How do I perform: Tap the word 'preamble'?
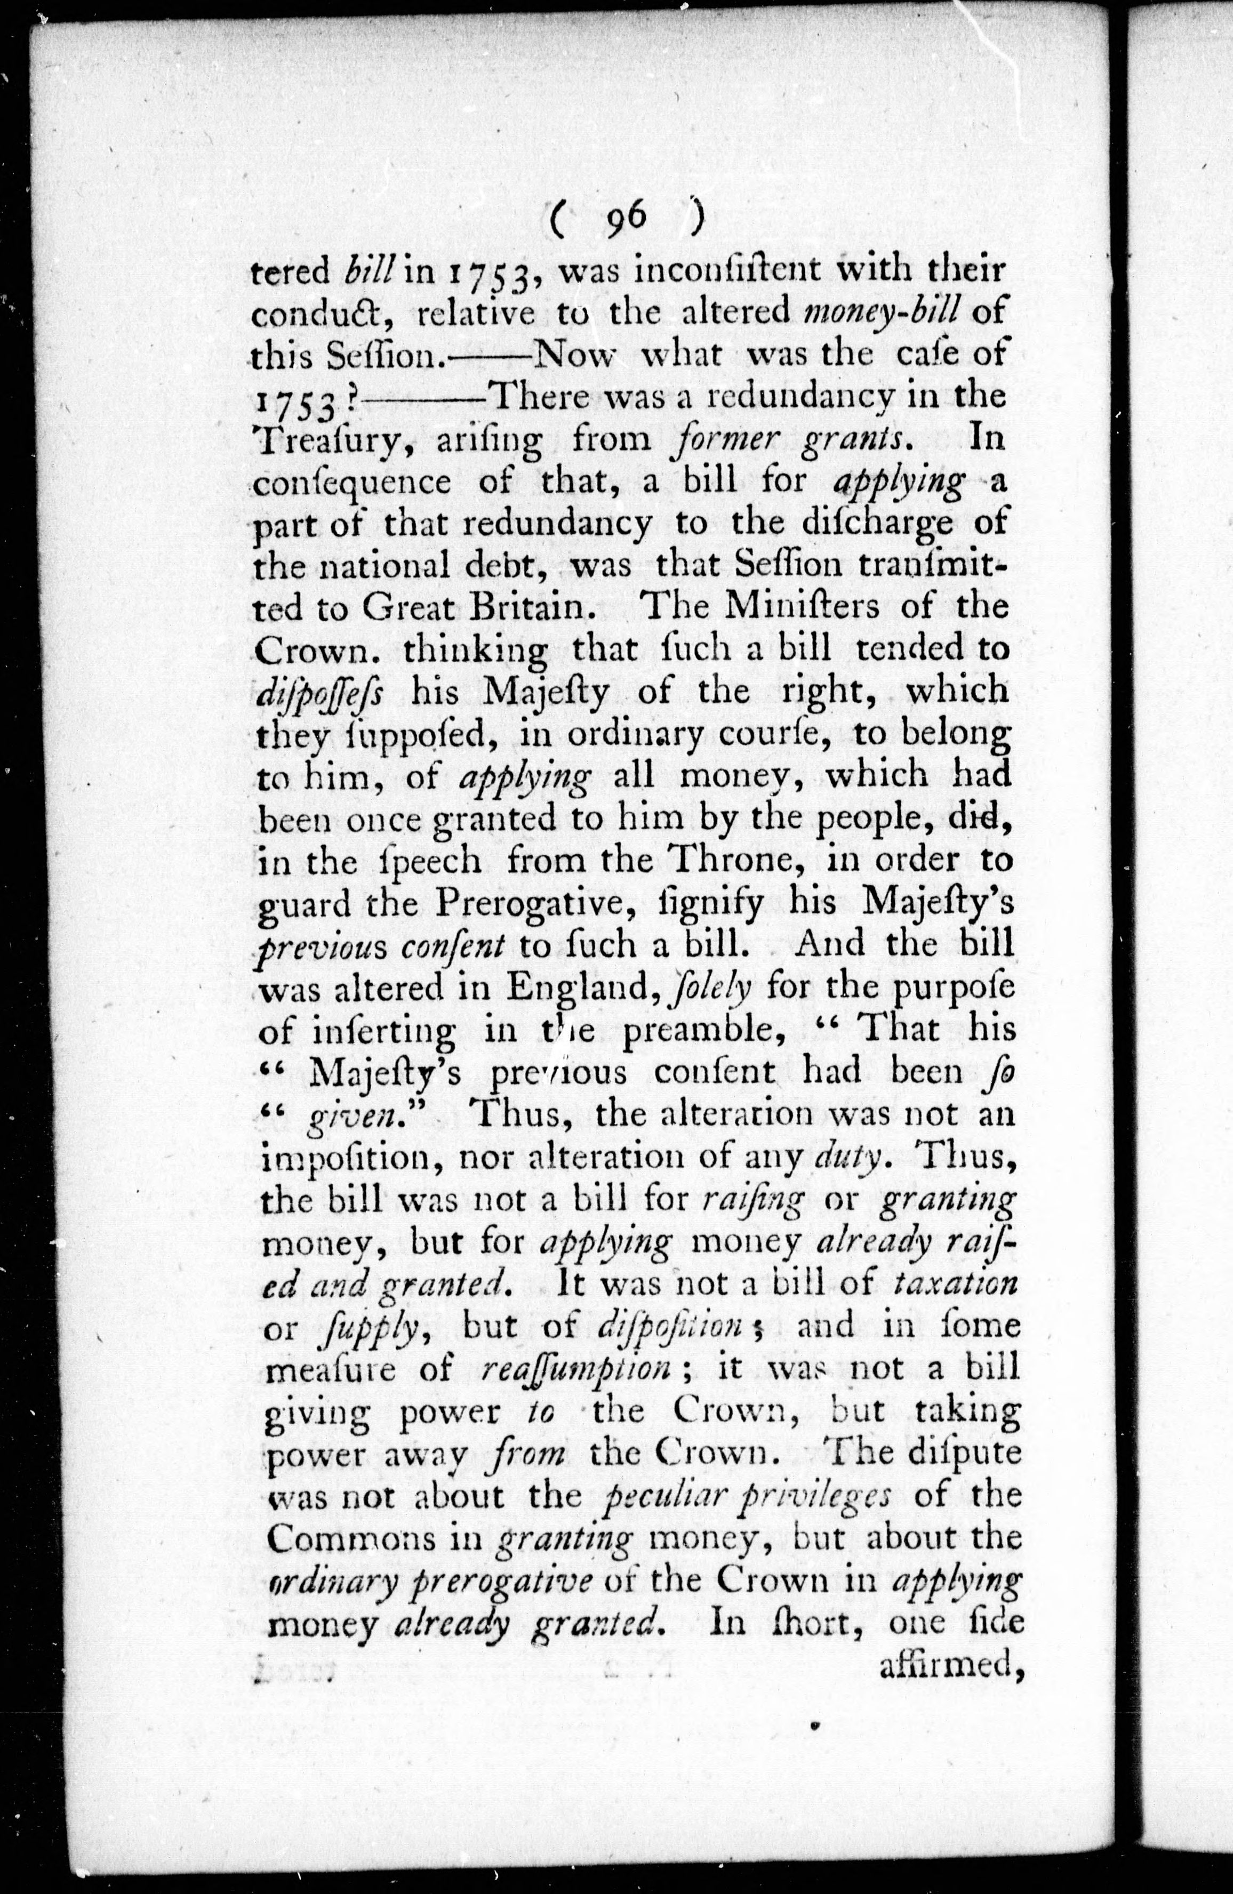click(716, 1031)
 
